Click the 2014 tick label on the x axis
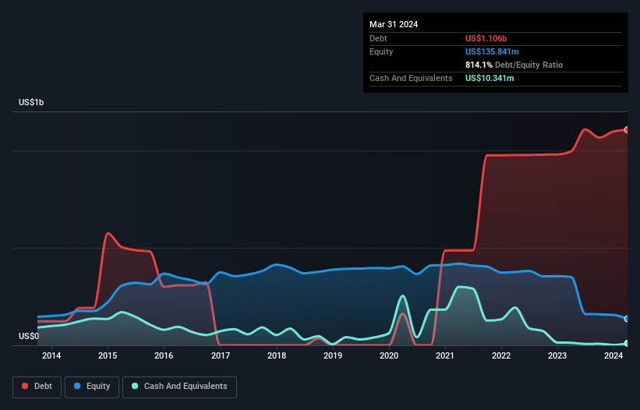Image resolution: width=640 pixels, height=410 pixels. [51, 356]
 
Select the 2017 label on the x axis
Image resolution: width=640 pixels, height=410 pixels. [220, 356]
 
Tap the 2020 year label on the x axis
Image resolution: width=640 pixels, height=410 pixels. [389, 356]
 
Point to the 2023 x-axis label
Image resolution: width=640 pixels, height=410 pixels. [557, 356]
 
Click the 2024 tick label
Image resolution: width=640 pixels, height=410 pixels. [613, 356]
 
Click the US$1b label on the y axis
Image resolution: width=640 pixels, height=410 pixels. [31, 103]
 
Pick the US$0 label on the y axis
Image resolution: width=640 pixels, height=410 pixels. [28, 336]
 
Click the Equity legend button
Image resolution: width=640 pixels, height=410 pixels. [92, 387]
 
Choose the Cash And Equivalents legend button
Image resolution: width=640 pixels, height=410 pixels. [179, 387]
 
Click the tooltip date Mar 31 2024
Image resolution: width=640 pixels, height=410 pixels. [394, 24]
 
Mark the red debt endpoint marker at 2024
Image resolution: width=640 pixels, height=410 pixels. [627, 129]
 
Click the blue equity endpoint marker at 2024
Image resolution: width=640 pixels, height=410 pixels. [627, 319]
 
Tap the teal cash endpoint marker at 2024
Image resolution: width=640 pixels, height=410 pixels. [627, 343]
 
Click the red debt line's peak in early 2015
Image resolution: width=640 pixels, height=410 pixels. [108, 233]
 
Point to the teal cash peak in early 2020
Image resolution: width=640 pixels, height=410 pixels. [402, 296]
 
